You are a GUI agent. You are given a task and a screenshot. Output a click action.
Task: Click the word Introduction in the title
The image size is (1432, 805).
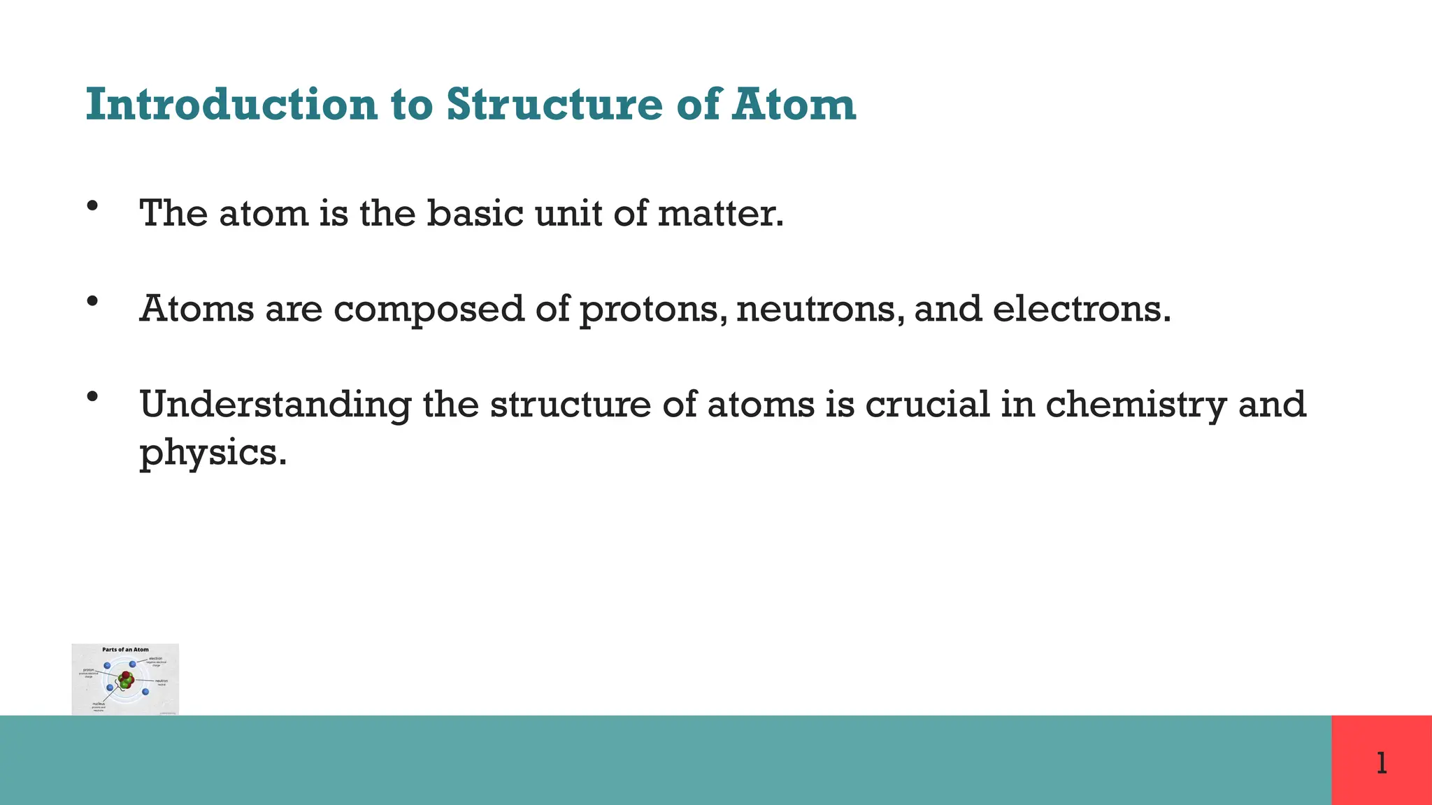[x=231, y=105]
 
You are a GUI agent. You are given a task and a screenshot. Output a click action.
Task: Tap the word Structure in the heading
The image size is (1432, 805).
[x=554, y=105]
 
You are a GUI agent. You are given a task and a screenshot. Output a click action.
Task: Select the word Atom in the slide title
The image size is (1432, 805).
[x=794, y=105]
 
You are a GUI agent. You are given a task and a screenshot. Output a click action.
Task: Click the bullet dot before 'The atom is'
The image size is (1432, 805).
[x=92, y=206]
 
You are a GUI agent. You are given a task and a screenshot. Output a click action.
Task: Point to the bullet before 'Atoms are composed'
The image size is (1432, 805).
[x=92, y=302]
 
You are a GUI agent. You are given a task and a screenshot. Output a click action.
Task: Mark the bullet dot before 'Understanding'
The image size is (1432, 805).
[x=92, y=397]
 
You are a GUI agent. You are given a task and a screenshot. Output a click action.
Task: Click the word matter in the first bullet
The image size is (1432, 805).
[x=720, y=213]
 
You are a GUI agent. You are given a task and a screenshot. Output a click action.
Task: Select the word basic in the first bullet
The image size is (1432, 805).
[x=475, y=213]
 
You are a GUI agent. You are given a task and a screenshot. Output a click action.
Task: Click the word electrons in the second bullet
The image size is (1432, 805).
[x=1081, y=309]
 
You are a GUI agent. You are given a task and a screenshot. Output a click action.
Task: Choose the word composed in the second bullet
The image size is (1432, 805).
[x=429, y=309]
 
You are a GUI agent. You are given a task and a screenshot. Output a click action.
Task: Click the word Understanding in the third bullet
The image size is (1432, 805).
[x=275, y=405]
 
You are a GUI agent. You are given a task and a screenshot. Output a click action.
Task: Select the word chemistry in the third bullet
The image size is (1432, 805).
[x=1136, y=405]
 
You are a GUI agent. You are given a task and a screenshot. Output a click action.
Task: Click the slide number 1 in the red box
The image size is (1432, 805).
[x=1382, y=762]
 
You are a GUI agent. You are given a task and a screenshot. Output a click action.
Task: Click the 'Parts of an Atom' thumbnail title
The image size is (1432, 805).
[x=125, y=650]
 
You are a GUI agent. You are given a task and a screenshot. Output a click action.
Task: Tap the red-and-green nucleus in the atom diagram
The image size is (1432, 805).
[x=126, y=679]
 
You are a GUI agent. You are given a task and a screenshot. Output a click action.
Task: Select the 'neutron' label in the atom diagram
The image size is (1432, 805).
[x=161, y=681]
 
